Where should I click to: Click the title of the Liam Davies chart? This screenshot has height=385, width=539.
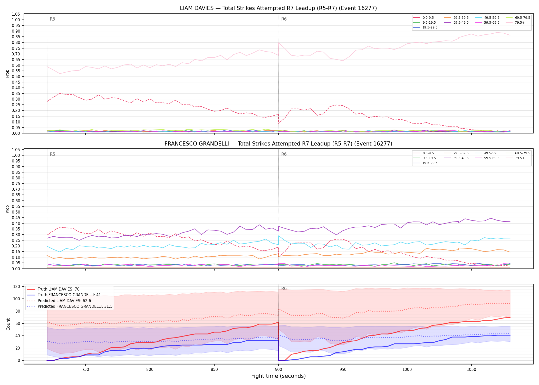(x=278, y=8)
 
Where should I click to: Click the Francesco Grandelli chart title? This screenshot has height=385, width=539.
(x=278, y=144)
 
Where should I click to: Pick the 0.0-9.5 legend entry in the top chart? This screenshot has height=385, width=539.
(x=423, y=18)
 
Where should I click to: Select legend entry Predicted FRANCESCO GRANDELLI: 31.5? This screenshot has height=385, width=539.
(x=70, y=306)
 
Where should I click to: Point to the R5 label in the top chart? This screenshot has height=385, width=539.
(x=52, y=19)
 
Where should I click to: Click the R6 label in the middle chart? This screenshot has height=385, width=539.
(x=284, y=154)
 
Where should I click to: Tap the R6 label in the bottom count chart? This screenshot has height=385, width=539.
(x=284, y=288)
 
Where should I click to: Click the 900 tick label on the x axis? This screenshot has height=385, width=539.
(x=278, y=370)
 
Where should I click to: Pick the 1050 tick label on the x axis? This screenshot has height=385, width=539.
(x=471, y=370)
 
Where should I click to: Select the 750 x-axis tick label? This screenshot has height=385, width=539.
(x=85, y=370)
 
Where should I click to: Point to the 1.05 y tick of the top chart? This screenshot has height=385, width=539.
(x=16, y=14)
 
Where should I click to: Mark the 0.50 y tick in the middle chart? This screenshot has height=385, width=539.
(x=16, y=212)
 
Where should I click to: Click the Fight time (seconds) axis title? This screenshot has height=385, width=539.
(x=278, y=376)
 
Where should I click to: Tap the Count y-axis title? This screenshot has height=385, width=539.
(x=8, y=324)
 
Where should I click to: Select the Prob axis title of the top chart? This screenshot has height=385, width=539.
(x=7, y=73)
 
